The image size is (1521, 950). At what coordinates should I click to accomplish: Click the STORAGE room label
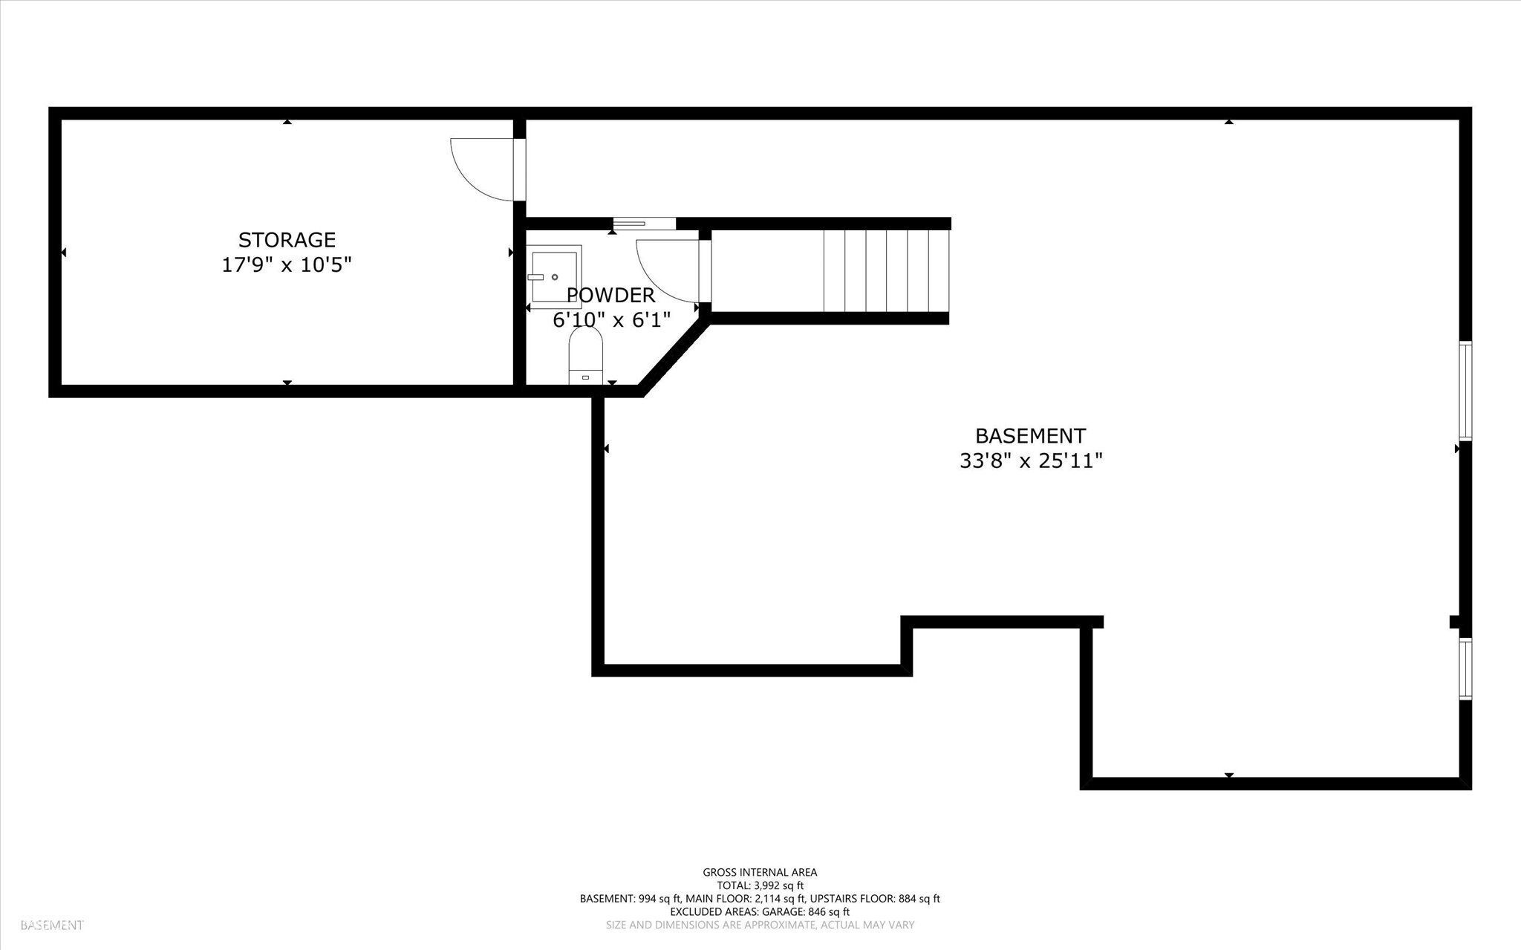click(x=287, y=240)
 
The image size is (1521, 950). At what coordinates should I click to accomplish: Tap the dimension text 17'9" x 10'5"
click(x=287, y=264)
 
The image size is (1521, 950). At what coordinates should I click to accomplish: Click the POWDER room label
click(x=610, y=296)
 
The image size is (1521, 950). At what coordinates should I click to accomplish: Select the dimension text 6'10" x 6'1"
click(x=612, y=320)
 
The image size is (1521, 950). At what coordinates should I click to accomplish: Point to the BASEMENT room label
click(x=1030, y=436)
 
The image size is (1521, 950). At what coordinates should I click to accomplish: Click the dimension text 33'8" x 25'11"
click(x=1030, y=461)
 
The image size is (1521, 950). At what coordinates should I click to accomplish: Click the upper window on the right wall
click(x=1465, y=390)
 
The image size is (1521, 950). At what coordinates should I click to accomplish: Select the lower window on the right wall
click(x=1465, y=668)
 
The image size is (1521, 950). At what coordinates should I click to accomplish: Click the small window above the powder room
click(x=644, y=223)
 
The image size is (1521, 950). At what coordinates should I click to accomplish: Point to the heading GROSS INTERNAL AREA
click(x=760, y=873)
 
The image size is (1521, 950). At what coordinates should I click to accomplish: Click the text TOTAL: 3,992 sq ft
click(x=760, y=885)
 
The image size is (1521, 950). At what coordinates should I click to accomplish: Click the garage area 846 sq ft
click(x=825, y=911)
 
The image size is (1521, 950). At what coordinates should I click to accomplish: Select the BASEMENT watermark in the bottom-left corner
click(x=52, y=925)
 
